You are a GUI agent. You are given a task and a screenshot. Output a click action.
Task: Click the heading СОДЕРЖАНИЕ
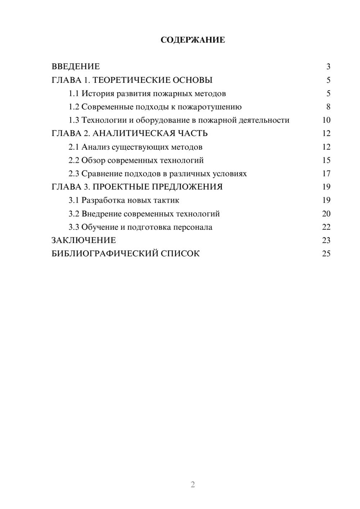(193, 40)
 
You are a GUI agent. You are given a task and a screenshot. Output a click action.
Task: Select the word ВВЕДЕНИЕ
(76, 67)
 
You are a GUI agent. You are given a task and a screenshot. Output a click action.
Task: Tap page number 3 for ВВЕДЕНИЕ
(328, 67)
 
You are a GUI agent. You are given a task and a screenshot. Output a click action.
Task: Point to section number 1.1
(74, 94)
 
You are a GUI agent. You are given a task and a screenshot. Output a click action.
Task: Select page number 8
(328, 107)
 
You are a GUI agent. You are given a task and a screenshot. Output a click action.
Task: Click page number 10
(326, 120)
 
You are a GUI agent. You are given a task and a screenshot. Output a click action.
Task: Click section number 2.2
(74, 160)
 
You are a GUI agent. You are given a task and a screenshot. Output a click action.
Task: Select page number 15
(326, 160)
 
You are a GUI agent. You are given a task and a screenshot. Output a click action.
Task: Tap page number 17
(326, 174)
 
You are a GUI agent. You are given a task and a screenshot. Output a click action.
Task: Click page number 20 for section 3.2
(326, 214)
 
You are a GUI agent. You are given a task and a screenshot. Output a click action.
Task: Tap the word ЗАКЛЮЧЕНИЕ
(84, 240)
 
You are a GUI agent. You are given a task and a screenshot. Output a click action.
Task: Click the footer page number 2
(193, 485)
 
